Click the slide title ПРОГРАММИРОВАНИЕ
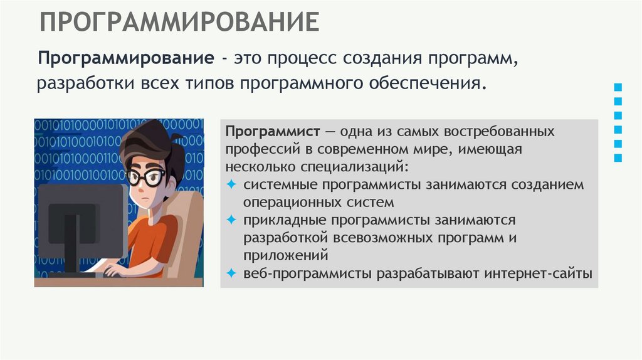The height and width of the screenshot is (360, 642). [x=180, y=22]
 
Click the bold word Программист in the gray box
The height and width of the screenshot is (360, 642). [x=272, y=132]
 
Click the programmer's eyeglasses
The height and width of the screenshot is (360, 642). [x=145, y=176]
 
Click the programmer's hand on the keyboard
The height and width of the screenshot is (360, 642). [x=116, y=270]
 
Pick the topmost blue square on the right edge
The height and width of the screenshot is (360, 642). [x=618, y=87]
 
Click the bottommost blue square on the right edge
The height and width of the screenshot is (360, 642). [x=618, y=158]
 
